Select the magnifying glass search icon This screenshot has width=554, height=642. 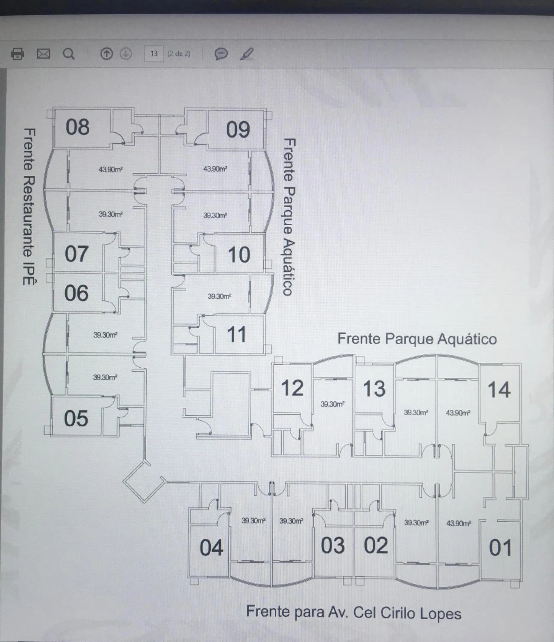[x=68, y=54]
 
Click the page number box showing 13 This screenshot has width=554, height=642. [x=154, y=53]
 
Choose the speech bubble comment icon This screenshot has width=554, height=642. [x=221, y=54]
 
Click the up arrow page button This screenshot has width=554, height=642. [x=106, y=54]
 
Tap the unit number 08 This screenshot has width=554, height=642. [x=77, y=127]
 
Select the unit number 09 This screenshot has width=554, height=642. [x=238, y=129]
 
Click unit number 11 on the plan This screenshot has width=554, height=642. [x=236, y=335]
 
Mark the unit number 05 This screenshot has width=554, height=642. [x=76, y=419]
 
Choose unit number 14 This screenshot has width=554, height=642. [x=499, y=390]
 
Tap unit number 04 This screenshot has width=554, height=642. [x=211, y=547]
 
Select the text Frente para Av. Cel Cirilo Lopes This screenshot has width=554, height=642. [x=354, y=612]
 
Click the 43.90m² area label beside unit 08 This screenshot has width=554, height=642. [x=111, y=169]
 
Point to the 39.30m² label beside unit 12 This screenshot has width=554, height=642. [x=332, y=404]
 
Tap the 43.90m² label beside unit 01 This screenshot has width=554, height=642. [x=458, y=523]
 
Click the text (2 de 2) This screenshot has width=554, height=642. [x=179, y=53]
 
